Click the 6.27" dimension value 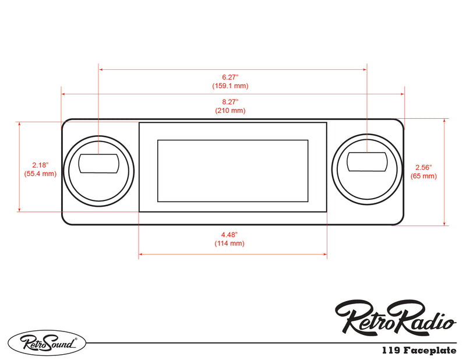point(230,77)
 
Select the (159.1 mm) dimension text point(230,86)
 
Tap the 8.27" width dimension point(230,101)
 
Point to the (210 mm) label point(230,110)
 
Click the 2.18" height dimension point(40,165)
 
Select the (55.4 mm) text point(40,174)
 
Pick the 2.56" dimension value point(423,167)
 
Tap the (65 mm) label point(423,175)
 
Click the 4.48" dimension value point(230,234)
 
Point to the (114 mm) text point(230,243)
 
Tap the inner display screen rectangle point(232,171)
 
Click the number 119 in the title point(390,351)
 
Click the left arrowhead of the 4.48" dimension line point(140,255)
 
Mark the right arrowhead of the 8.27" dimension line point(402,93)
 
